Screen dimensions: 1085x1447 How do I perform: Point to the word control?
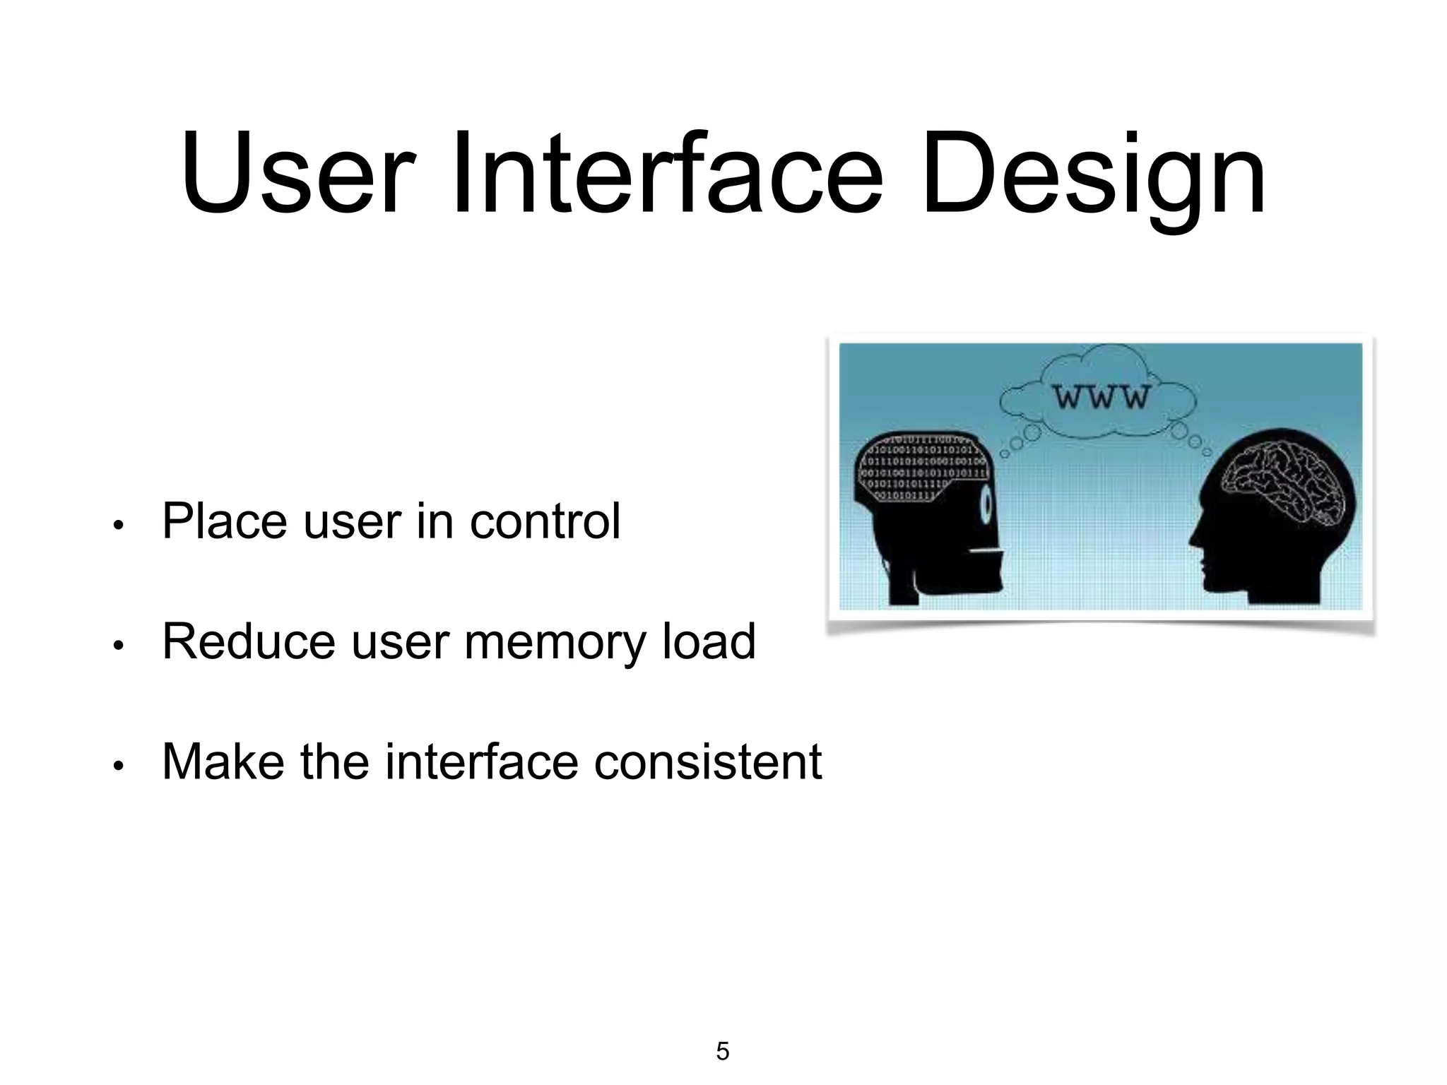[x=545, y=521]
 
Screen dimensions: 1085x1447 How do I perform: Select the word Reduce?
[x=248, y=641]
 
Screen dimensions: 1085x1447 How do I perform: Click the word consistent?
[x=707, y=763]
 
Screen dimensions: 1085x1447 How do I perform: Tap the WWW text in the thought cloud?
[x=1102, y=397]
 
